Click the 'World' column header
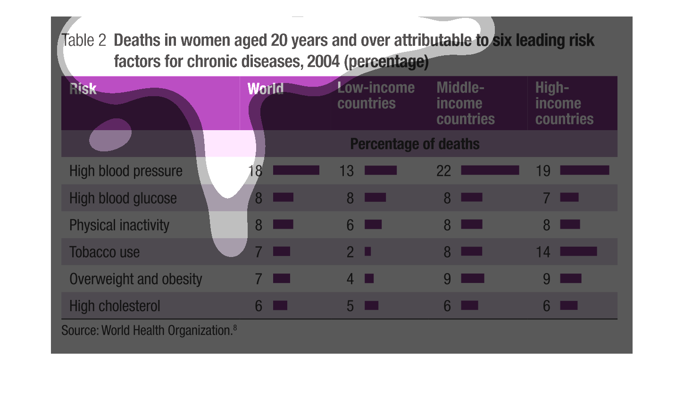(266, 89)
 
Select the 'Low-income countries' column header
(376, 96)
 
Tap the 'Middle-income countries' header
(466, 103)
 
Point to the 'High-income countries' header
(564, 103)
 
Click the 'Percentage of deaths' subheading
(415, 144)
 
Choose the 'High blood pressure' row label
(126, 171)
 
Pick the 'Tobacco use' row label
(104, 252)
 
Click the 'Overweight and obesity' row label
(135, 279)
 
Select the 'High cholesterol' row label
(115, 306)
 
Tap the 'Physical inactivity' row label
(119, 225)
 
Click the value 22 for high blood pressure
(444, 171)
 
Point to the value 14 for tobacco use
(543, 252)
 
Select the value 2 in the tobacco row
(350, 252)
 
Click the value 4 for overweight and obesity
(350, 279)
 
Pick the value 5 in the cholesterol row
(350, 306)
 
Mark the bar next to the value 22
(490, 170)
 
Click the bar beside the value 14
(578, 251)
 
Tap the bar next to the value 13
(381, 170)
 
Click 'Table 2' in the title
(84, 40)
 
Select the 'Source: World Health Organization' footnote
(149, 330)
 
